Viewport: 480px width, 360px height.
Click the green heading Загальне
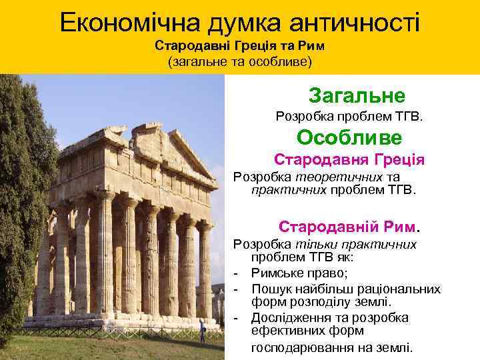tap(357, 95)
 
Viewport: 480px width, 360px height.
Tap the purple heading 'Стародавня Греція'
tap(349, 161)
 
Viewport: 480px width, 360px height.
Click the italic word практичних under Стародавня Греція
tap(289, 190)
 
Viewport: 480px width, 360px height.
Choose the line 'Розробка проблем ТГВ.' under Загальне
tap(349, 117)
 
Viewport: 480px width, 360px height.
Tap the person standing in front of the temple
tap(202, 329)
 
